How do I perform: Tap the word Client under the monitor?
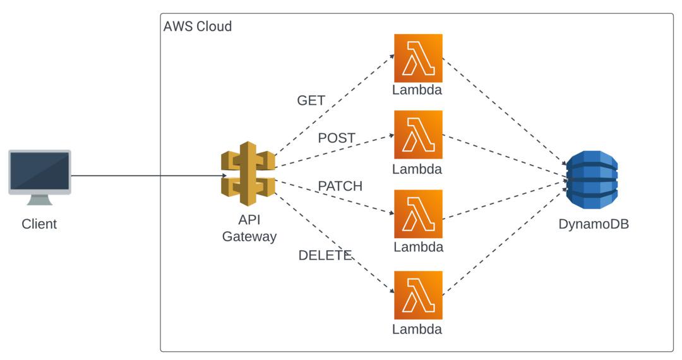tap(39, 224)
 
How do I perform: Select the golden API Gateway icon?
tap(249, 173)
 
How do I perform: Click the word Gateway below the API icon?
tap(249, 237)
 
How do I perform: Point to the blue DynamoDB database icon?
tap(592, 179)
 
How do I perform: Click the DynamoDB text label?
tap(594, 224)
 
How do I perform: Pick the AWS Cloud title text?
tap(198, 27)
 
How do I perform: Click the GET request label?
tap(311, 100)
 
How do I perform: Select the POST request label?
tap(337, 138)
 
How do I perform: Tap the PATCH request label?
tap(340, 186)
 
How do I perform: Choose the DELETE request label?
tap(325, 255)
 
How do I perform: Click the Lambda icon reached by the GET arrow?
tap(418, 58)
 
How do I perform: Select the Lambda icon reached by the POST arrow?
tap(418, 135)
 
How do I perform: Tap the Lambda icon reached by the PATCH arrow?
tap(418, 213)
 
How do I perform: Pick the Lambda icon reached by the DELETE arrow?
tap(418, 295)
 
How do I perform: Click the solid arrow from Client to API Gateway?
tap(148, 176)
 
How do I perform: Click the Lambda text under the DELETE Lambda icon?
tap(417, 329)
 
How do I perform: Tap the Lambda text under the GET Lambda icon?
tap(417, 90)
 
